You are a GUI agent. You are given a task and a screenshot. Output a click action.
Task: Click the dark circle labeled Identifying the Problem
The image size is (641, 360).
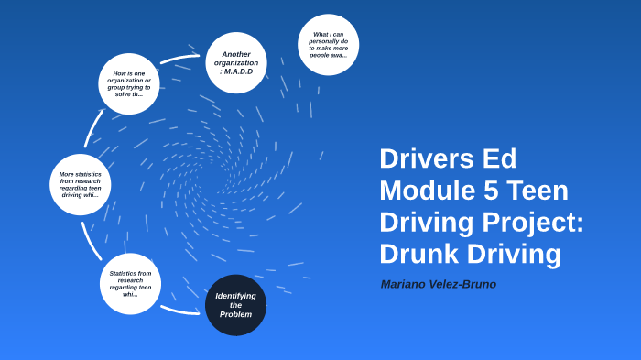click(235, 305)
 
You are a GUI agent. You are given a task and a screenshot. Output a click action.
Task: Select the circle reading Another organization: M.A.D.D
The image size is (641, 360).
click(236, 62)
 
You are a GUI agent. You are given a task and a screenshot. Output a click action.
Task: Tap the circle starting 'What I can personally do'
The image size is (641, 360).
click(328, 45)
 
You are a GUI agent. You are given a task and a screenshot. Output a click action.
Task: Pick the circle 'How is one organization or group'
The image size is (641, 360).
click(129, 83)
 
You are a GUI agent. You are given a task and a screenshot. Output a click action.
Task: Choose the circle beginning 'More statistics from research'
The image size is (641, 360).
click(81, 184)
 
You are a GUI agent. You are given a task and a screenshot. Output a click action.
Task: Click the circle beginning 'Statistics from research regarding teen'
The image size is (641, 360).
click(130, 284)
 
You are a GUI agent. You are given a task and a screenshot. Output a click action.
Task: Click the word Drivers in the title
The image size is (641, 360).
click(426, 158)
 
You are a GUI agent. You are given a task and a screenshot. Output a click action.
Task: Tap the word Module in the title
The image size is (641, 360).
click(424, 191)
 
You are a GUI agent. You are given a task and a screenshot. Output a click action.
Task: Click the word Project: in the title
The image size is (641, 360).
click(535, 223)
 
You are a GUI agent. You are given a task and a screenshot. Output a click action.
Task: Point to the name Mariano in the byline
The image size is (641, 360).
click(407, 284)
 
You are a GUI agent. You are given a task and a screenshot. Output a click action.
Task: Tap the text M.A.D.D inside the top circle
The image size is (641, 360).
click(236, 71)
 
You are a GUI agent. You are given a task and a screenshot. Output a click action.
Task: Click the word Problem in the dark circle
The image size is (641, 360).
click(235, 314)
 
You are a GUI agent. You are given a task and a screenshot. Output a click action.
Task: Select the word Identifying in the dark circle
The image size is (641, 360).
click(235, 296)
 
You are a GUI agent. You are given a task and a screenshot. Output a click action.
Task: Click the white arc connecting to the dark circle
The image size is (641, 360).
click(179, 311)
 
